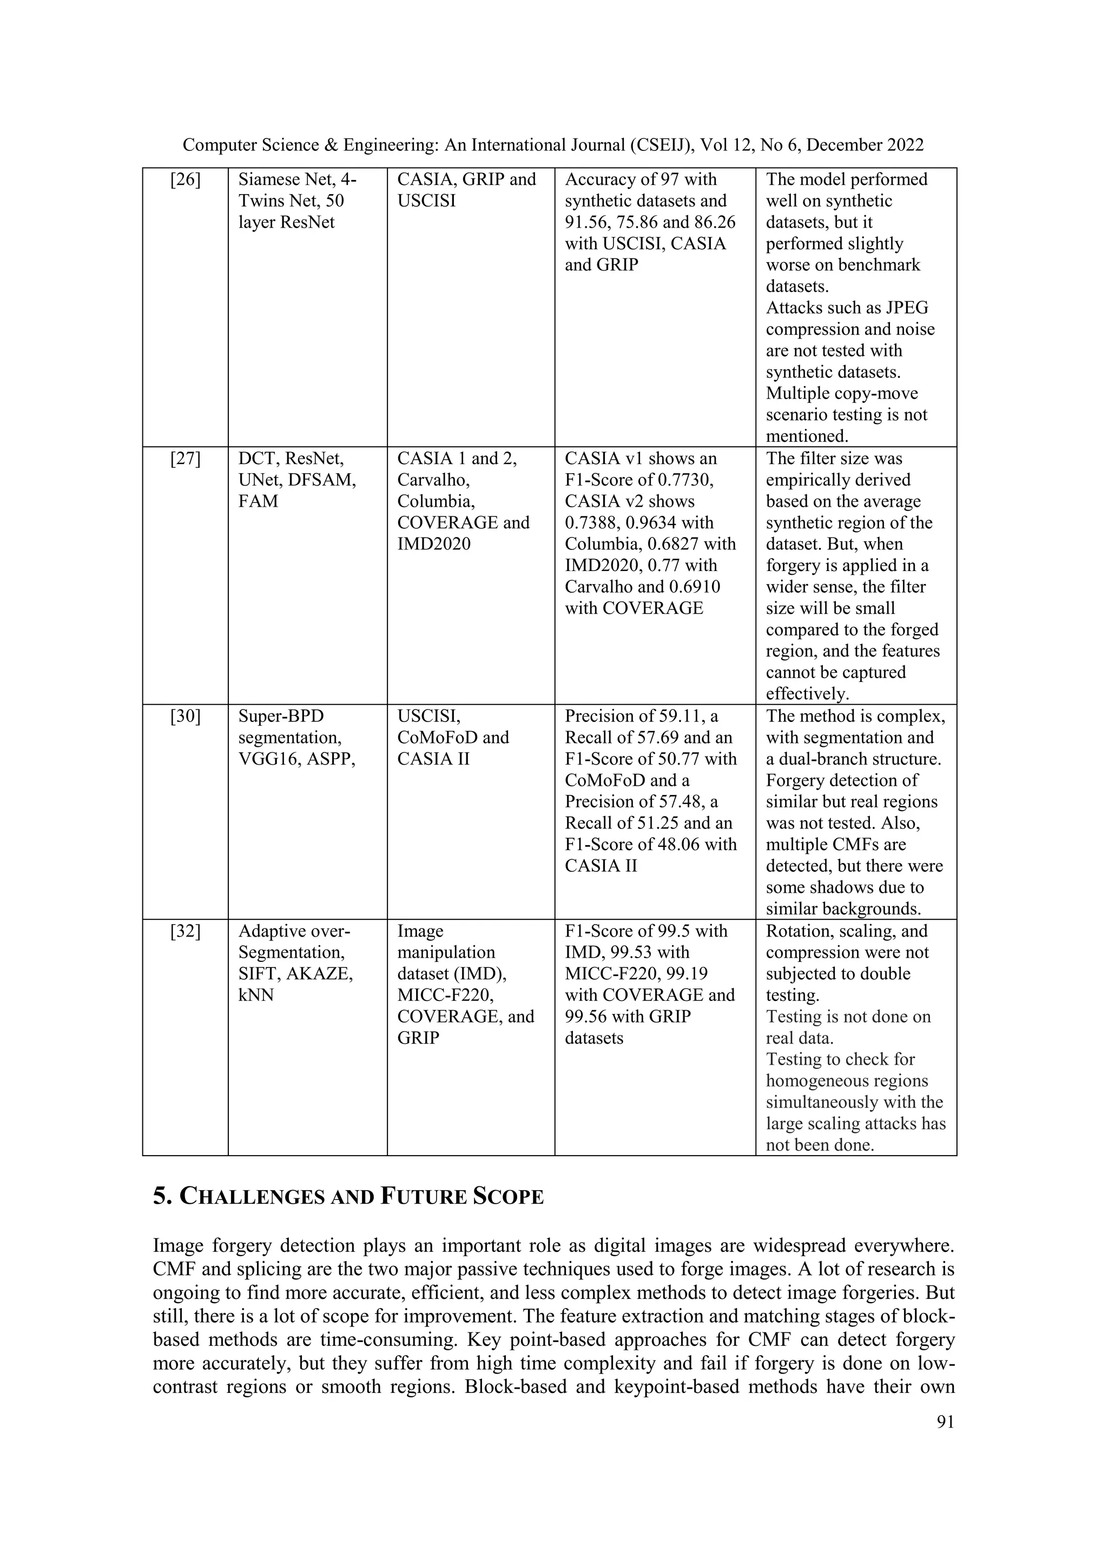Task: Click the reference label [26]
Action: pyautogui.click(x=185, y=180)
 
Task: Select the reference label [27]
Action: pyautogui.click(x=185, y=459)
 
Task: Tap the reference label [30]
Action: pyautogui.click(x=185, y=716)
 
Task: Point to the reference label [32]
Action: pyautogui.click(x=185, y=931)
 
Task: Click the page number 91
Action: pyautogui.click(x=945, y=1422)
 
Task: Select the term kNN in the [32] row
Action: pyautogui.click(x=256, y=995)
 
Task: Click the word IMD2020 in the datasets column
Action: pyautogui.click(x=434, y=545)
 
